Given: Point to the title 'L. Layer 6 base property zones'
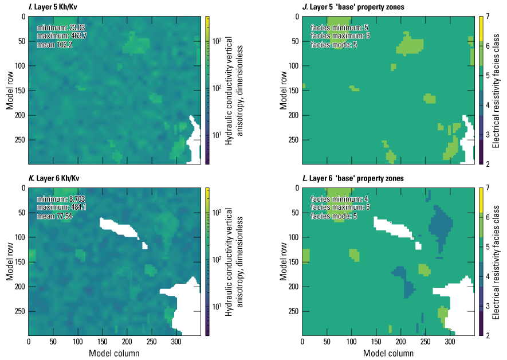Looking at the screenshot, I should click(350, 178).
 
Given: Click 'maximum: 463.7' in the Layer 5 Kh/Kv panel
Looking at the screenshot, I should click(60, 36).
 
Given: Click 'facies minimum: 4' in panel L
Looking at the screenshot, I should click(337, 199).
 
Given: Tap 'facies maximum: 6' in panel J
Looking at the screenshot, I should click(340, 36).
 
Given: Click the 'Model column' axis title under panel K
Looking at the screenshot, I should click(114, 353).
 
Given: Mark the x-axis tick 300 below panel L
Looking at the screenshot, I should click(450, 342).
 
